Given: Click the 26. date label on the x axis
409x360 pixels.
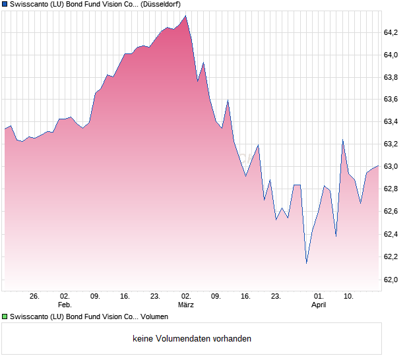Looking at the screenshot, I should tap(35, 297).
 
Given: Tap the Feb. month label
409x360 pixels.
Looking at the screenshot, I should tap(64, 305).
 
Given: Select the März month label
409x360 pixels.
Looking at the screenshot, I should tap(186, 305).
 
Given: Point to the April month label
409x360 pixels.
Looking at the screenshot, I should tap(319, 305).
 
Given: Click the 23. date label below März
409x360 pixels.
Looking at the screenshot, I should tap(276, 297).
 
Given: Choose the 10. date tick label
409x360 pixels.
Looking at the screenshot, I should tap(349, 297).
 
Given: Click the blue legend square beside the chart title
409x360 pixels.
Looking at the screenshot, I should tap(5, 5).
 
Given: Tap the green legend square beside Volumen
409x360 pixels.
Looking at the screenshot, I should tap(5, 317).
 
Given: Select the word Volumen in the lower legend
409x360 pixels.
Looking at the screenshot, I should tap(155, 317).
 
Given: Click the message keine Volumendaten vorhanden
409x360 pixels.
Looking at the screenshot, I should tap(192, 339).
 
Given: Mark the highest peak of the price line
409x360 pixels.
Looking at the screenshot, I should tap(186, 16).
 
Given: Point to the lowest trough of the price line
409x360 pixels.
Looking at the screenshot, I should tap(306, 263).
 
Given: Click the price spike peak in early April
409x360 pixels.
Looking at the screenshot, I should tap(343, 140).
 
